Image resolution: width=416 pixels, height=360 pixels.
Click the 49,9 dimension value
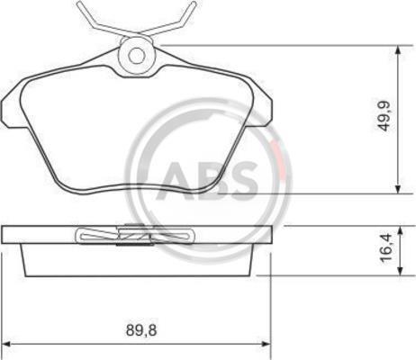(384, 116)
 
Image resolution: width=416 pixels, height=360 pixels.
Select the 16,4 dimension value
(385, 248)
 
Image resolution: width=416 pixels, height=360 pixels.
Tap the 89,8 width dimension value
(141, 330)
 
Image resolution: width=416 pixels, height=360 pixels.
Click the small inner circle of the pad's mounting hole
(137, 56)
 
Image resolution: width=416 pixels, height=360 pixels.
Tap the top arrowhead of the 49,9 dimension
(398, 50)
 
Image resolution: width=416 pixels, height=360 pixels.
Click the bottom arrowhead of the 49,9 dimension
(398, 188)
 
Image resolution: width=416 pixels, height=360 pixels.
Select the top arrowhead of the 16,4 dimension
(400, 231)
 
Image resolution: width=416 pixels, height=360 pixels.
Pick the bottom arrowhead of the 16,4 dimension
(400, 270)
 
